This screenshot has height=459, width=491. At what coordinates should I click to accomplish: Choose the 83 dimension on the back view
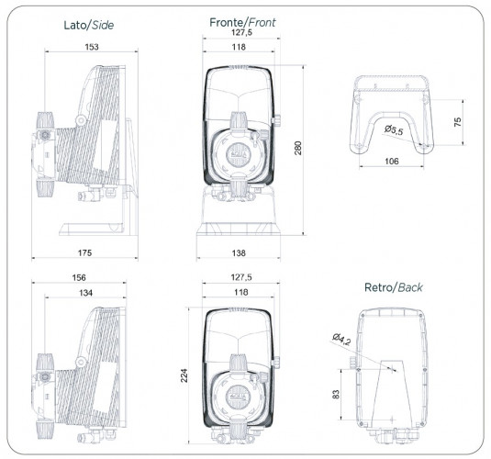(336, 393)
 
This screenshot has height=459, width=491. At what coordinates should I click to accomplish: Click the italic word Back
(408, 287)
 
